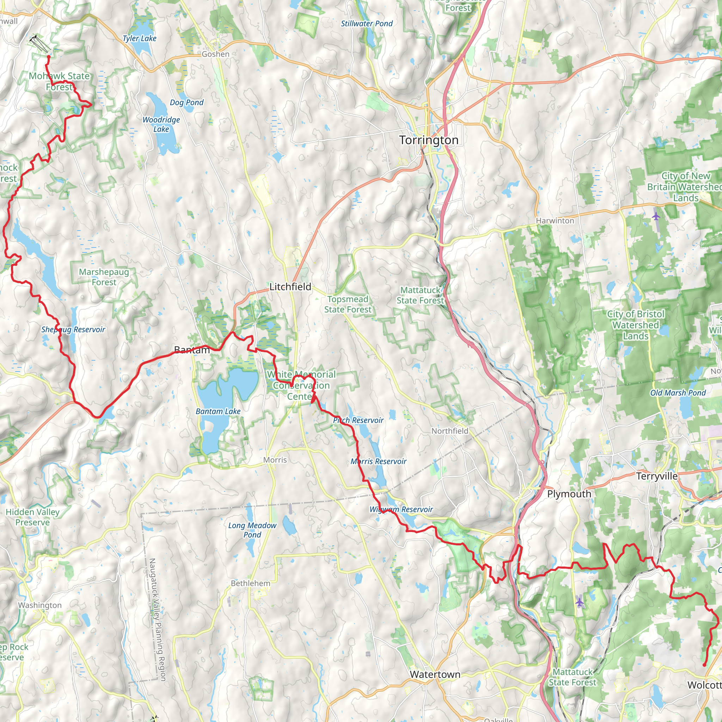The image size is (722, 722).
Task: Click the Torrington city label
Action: tap(429, 140)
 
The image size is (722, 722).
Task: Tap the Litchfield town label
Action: tap(290, 287)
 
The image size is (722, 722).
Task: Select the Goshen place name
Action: tap(216, 54)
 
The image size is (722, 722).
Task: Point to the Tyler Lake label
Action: tap(139, 38)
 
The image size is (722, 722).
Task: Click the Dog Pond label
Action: tap(186, 102)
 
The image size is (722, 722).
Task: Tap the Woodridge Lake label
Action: tap(161, 124)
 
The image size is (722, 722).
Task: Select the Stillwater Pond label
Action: tap(367, 24)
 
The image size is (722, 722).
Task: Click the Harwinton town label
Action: tap(555, 220)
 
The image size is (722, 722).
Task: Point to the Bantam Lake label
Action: tap(218, 411)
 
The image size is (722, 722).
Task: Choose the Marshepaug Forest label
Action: tap(104, 277)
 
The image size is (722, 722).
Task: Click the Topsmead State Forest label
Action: tap(348, 304)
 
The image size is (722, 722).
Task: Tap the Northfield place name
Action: tap(449, 431)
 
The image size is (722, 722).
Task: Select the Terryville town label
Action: tap(656, 476)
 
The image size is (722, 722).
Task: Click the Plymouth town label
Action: tap(569, 494)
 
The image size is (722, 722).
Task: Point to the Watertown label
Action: tap(435, 674)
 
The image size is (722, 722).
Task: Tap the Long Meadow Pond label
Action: tap(252, 530)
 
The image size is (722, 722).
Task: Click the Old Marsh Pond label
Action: tap(678, 393)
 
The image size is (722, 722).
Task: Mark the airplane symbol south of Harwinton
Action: tap(656, 216)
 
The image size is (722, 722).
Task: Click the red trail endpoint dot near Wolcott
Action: tap(704, 665)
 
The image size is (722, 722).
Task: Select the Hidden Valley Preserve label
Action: tap(32, 517)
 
